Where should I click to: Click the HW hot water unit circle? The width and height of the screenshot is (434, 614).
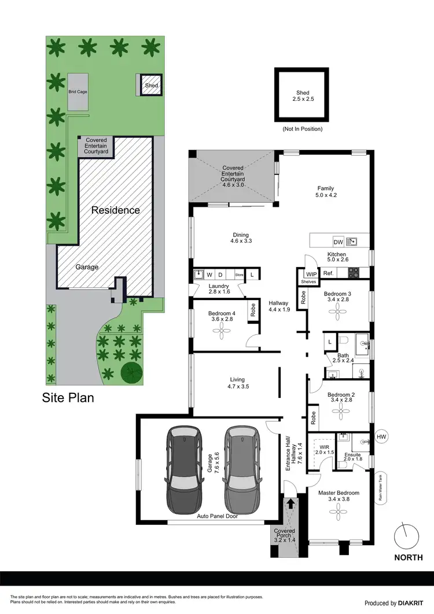click(x=381, y=437)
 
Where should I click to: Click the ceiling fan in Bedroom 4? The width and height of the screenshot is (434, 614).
click(x=221, y=331)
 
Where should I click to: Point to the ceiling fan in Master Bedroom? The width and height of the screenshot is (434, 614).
click(x=339, y=511)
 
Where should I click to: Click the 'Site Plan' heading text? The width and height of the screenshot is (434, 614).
click(x=68, y=398)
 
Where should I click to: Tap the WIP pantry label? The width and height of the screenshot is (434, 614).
click(x=311, y=273)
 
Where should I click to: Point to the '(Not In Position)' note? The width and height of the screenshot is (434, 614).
click(x=302, y=129)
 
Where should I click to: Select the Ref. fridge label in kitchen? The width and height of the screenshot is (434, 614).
click(x=328, y=273)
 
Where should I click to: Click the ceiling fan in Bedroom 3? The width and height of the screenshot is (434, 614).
click(x=339, y=313)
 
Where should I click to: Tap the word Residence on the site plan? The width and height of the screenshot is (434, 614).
click(x=115, y=210)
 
